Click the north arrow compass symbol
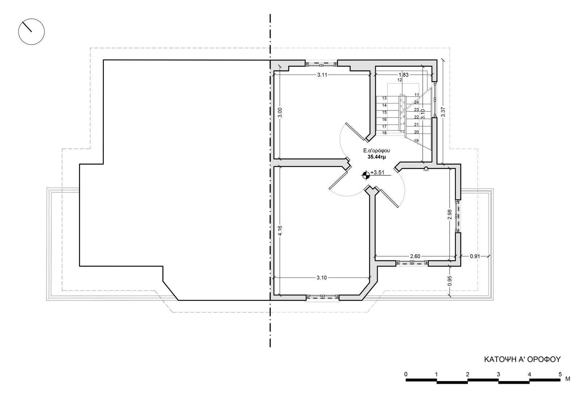click(31, 32)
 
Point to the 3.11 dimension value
click(322, 75)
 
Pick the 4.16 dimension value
click(280, 231)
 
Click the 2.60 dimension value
click(415, 256)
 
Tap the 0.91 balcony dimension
click(475, 256)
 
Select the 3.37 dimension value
click(443, 112)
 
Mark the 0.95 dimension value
click(449, 281)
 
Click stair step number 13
click(384, 98)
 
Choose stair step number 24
click(416, 102)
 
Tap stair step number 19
click(416, 141)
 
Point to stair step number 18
click(384, 133)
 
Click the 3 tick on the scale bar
click(498, 374)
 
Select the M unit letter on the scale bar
click(568, 379)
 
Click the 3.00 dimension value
click(280, 113)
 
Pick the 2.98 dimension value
click(449, 214)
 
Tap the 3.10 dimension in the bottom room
click(322, 278)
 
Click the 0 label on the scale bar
click(406, 374)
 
